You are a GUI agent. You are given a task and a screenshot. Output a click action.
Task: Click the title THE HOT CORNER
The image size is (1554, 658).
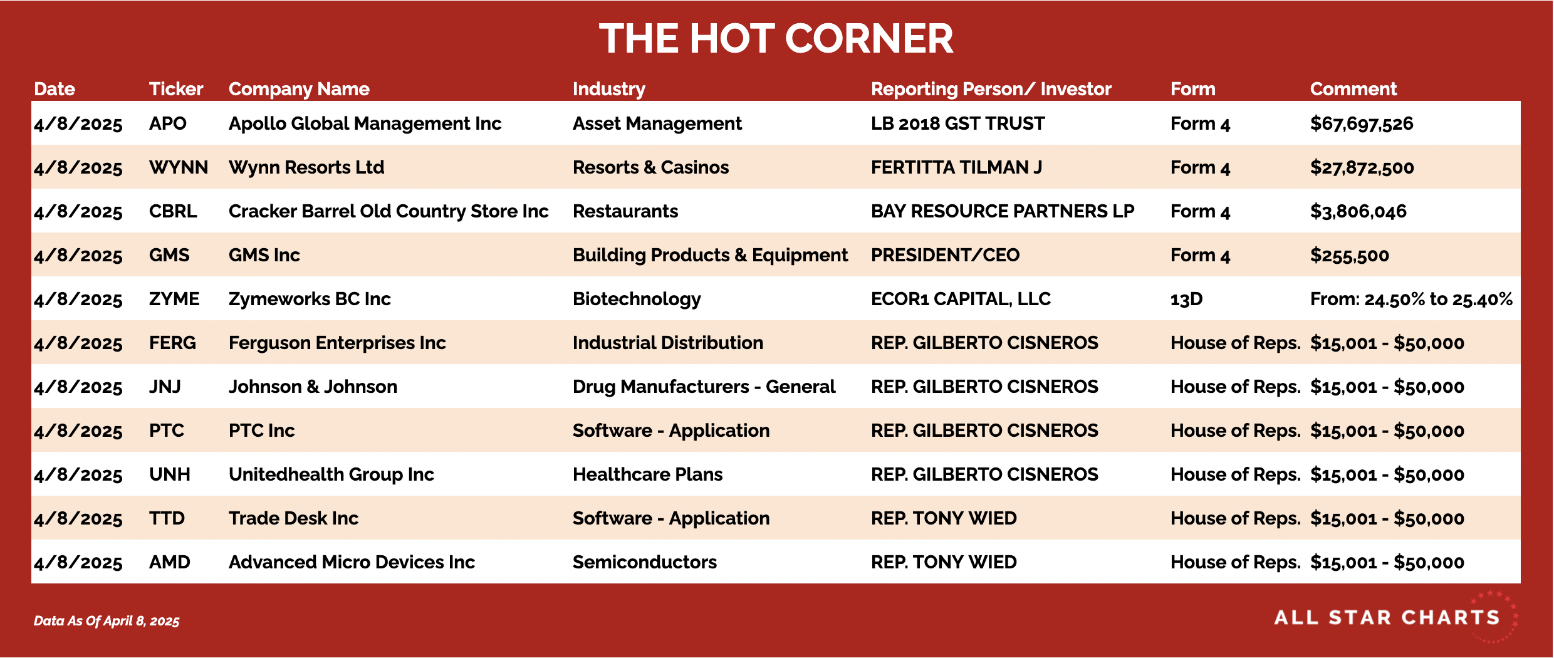click(776, 39)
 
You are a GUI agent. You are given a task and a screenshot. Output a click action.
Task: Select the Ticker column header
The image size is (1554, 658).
click(176, 89)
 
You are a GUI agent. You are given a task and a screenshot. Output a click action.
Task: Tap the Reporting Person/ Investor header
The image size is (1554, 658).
click(991, 89)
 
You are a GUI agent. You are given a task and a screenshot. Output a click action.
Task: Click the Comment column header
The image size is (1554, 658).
click(1353, 89)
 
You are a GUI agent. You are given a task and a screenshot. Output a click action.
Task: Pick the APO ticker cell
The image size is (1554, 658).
click(168, 123)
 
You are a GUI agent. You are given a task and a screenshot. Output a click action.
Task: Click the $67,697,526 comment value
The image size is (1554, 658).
click(1362, 124)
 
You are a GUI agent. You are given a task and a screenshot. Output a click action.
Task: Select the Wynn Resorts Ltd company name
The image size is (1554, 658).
click(306, 167)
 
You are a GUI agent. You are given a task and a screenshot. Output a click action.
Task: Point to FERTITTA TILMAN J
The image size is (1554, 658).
click(956, 167)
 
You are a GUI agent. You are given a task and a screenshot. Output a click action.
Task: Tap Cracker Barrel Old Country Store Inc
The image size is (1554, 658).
click(388, 211)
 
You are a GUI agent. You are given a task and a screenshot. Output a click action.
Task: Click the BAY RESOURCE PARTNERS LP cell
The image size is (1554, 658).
click(1003, 211)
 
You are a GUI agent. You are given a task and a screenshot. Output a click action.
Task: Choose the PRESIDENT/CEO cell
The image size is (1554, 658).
click(945, 255)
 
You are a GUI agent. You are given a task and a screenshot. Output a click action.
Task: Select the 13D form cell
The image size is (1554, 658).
click(1187, 299)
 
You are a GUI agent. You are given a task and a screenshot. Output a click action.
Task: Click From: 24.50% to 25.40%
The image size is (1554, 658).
click(1411, 299)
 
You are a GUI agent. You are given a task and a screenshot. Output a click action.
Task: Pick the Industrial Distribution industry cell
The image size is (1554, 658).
click(668, 343)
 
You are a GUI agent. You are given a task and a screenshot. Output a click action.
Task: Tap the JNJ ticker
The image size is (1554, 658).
click(165, 387)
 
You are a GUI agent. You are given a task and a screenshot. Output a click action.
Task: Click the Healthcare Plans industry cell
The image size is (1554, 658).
click(647, 474)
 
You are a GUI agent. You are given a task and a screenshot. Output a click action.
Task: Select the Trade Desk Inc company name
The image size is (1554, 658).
click(293, 518)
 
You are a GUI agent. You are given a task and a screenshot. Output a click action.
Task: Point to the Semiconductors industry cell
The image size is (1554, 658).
click(645, 562)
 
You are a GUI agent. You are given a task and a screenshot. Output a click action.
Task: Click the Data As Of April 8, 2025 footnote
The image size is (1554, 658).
click(107, 621)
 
